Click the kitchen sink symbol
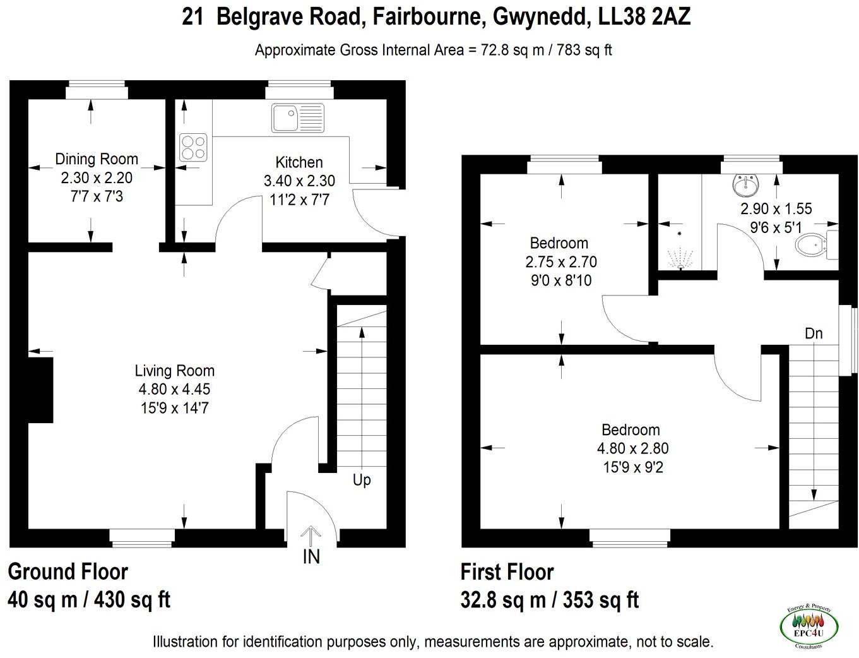(x=298, y=118)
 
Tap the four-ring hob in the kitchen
(x=193, y=147)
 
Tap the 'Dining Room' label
(x=97, y=159)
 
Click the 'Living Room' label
(x=175, y=371)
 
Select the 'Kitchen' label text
(x=299, y=162)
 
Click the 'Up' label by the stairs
(x=362, y=480)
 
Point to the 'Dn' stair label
(x=814, y=333)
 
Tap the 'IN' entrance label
(x=311, y=557)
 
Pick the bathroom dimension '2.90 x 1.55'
(x=776, y=209)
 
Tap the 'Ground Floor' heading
(x=68, y=572)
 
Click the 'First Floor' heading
(x=507, y=572)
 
